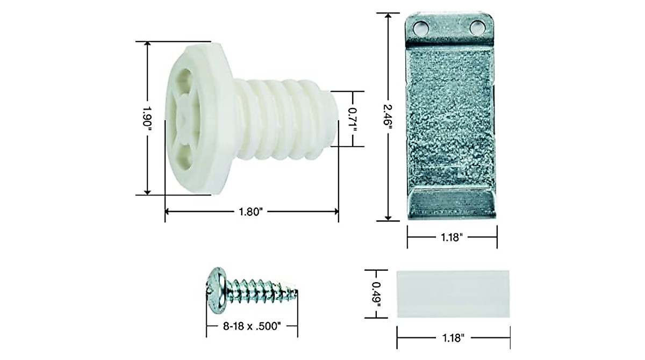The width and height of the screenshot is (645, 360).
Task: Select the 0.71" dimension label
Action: tap(353, 119)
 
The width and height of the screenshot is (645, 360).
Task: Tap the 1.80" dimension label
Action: tap(251, 212)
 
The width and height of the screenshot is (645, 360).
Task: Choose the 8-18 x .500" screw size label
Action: tap(252, 326)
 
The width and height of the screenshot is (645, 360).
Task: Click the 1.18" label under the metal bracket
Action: tap(451, 237)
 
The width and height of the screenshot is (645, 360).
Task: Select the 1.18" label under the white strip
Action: tap(453, 337)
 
